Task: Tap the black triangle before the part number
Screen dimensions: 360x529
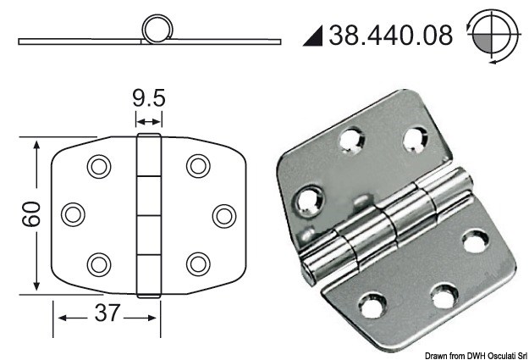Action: (x=311, y=36)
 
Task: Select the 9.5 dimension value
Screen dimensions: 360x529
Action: (x=148, y=100)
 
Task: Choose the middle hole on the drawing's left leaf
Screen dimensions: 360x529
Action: (x=74, y=213)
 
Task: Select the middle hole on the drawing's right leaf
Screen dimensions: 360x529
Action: (x=223, y=213)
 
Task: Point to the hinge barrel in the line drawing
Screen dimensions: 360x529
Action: (x=148, y=213)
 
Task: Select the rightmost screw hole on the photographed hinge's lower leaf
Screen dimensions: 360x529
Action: (x=474, y=244)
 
